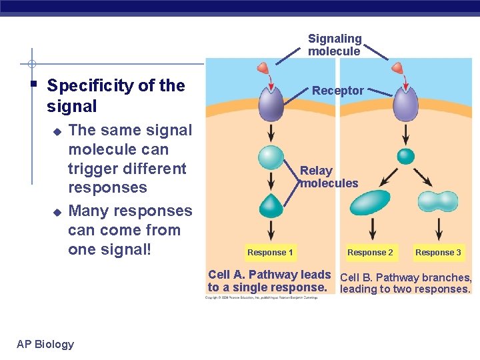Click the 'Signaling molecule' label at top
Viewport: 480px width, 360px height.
(335, 45)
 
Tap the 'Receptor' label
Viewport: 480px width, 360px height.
(338, 91)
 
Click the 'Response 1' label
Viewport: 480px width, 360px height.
(270, 252)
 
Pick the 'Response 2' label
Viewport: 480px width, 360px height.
(370, 252)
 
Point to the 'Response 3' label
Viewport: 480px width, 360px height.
(438, 252)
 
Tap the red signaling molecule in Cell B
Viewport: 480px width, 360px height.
(398, 69)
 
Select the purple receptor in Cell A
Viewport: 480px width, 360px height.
(270, 104)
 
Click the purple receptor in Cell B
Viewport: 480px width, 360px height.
(405, 104)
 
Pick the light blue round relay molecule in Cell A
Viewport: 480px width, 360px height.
(271, 157)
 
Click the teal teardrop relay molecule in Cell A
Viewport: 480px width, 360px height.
(271, 205)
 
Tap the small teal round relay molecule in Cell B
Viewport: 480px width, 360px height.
(405, 156)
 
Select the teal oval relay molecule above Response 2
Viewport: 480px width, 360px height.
(371, 204)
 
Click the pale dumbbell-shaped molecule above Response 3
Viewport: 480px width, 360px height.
(437, 201)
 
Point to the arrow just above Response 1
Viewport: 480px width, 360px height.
(271, 229)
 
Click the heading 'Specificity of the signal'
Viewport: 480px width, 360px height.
(116, 96)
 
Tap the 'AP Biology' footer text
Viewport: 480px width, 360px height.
(45, 344)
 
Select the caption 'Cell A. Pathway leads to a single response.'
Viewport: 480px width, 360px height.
(269, 281)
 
